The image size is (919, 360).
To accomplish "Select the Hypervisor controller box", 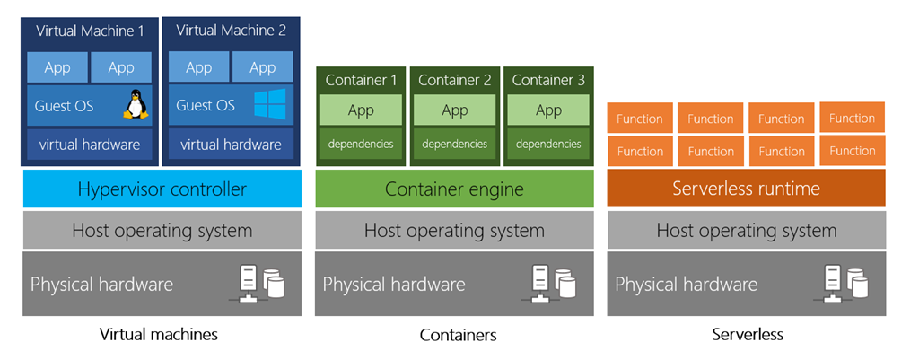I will tap(162, 189).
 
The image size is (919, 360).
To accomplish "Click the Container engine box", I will tap(454, 189).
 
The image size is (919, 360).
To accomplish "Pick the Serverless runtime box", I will tap(746, 189).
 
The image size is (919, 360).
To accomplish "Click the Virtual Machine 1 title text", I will tap(90, 31).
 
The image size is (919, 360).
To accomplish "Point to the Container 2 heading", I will tap(455, 80).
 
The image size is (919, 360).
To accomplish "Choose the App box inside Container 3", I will tap(548, 110).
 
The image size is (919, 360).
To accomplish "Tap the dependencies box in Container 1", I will tap(361, 144).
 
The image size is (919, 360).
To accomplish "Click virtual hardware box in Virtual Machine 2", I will tap(231, 144).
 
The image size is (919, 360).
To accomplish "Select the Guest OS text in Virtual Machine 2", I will tap(206, 106).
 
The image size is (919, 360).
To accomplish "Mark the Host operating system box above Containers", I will tap(454, 231).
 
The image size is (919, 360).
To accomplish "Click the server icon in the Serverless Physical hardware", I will tap(845, 283).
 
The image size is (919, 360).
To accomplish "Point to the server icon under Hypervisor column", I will tap(261, 283).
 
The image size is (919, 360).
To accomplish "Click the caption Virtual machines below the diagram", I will tap(159, 335).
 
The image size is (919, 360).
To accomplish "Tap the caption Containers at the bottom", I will tap(458, 336).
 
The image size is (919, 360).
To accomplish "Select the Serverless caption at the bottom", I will tap(748, 335).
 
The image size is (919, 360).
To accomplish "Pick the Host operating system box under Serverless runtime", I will tap(746, 231).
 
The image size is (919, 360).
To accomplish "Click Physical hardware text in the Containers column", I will tap(394, 285).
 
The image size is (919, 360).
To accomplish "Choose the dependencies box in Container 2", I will tap(454, 144).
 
